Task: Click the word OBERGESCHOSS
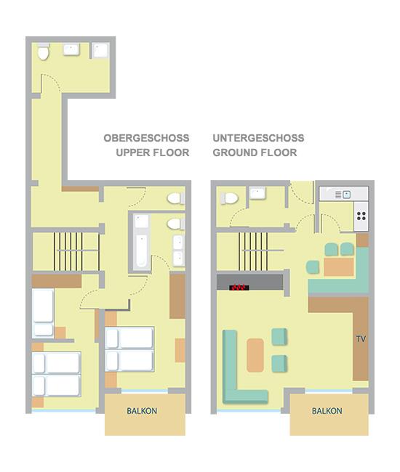(146, 138)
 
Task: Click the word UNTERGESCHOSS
(258, 138)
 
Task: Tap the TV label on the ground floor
(361, 339)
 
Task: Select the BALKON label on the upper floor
(142, 411)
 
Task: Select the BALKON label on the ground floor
(327, 411)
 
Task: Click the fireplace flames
(239, 288)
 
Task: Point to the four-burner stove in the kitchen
(361, 216)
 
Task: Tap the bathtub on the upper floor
(141, 242)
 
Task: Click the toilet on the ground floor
(229, 198)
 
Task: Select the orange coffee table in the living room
(255, 355)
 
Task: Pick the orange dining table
(339, 266)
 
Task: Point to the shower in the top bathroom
(100, 51)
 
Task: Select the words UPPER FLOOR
(153, 152)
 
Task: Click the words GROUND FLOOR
(255, 152)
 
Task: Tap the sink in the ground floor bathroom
(257, 193)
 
